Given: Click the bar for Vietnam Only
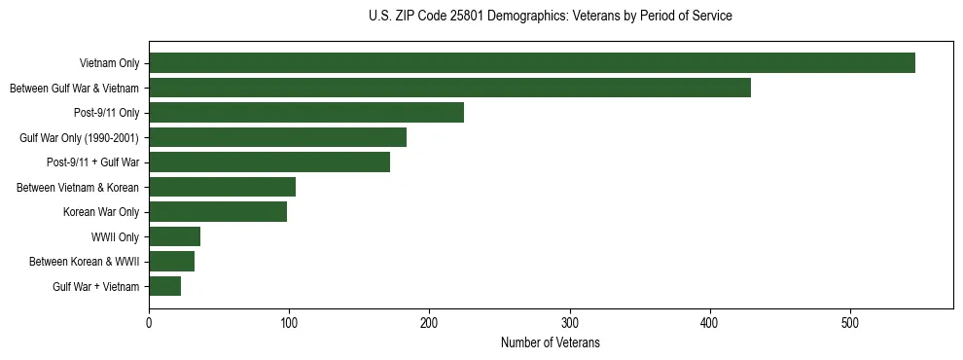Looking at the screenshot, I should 532,63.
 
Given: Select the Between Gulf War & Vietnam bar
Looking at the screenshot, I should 449,88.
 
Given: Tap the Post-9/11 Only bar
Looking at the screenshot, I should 306,113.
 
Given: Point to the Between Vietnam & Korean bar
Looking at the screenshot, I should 222,187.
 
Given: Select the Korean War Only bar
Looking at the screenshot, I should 218,212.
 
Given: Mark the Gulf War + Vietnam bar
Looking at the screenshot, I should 164,286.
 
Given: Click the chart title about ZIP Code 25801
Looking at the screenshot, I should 551,17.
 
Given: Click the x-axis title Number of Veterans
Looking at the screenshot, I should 551,343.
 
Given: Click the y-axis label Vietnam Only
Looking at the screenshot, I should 109,63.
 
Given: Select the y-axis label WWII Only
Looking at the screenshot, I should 115,236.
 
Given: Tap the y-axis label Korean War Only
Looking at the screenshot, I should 101,212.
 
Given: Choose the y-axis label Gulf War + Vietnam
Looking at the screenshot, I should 96,286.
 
